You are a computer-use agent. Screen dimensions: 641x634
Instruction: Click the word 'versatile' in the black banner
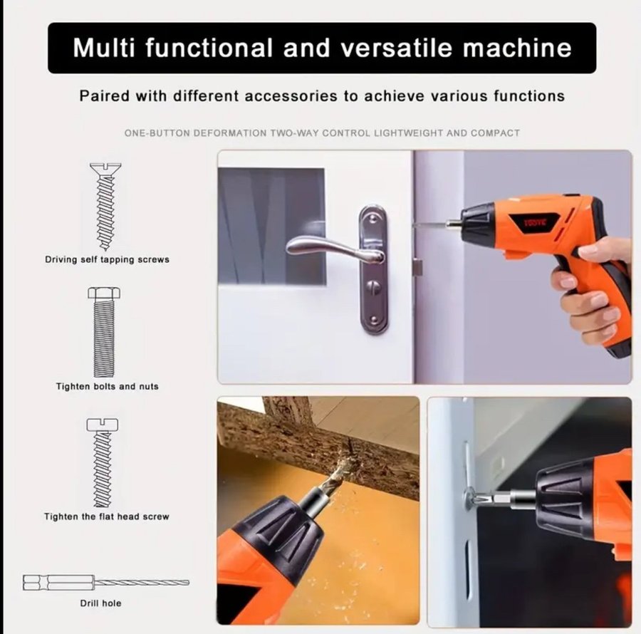[x=397, y=48]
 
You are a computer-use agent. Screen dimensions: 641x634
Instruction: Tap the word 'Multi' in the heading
[x=104, y=48]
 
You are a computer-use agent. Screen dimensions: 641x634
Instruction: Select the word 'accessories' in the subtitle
[x=291, y=96]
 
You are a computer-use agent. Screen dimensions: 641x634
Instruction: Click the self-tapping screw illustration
[x=105, y=207]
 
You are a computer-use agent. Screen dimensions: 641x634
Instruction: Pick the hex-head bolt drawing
[x=104, y=332]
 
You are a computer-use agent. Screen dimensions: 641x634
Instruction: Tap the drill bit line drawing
[x=106, y=582]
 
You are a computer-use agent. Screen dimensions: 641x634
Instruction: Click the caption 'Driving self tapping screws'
[x=107, y=259]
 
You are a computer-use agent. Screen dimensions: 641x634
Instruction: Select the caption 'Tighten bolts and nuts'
[x=107, y=386]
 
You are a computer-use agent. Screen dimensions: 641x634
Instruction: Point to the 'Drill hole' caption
[x=100, y=603]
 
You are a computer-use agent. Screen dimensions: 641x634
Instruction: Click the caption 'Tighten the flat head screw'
[x=107, y=516]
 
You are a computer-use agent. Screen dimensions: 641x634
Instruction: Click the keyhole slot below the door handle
[x=372, y=288]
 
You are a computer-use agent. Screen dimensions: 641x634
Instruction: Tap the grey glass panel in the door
[x=272, y=226]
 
